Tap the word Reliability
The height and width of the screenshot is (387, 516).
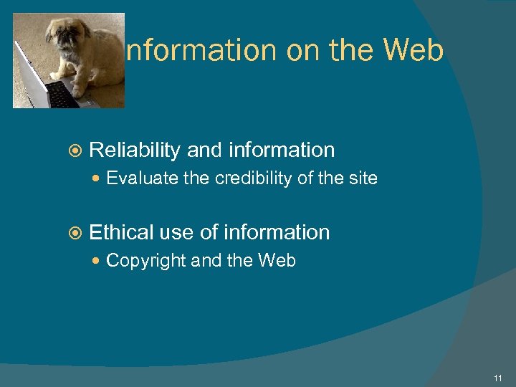coord(134,150)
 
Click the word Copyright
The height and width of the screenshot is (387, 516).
coord(146,261)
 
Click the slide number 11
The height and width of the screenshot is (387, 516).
coord(498,378)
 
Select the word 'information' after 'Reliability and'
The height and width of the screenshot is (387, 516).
coord(282,150)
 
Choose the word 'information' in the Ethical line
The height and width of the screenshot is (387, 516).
coord(277,232)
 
